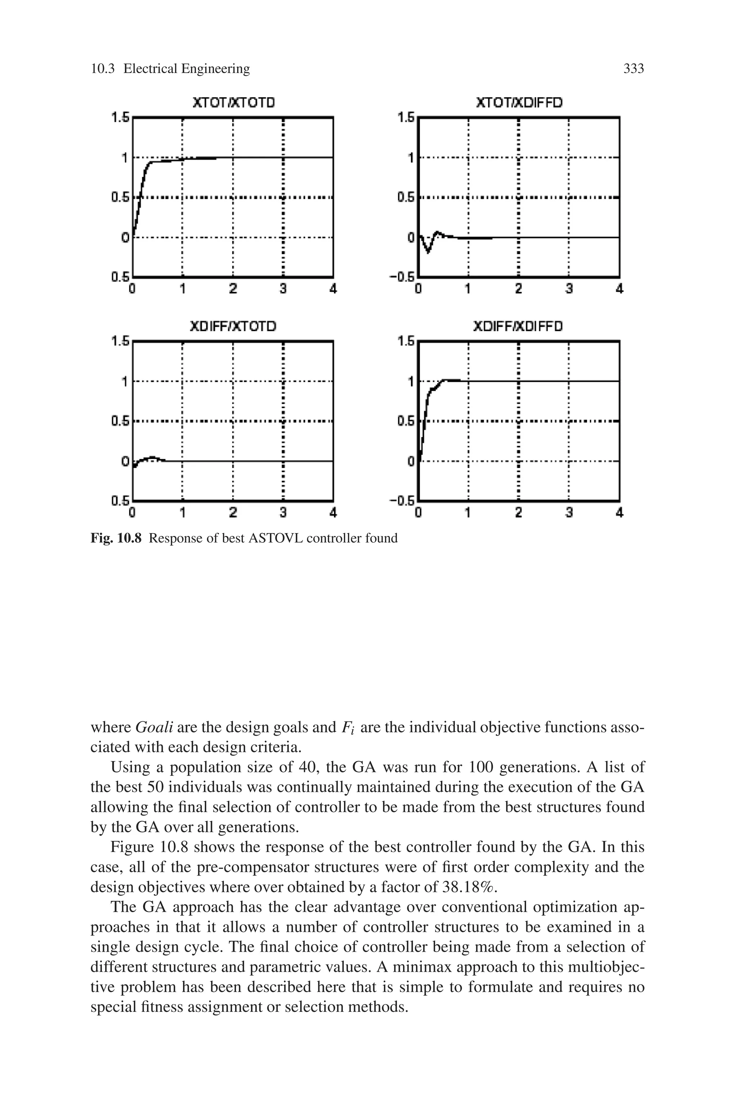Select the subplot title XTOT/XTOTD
pos(234,103)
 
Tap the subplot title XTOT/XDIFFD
pos(519,103)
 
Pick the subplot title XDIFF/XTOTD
pos(233,326)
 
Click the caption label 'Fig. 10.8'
pos(116,538)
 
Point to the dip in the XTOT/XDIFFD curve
pos(428,252)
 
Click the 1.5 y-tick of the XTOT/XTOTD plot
pos(120,117)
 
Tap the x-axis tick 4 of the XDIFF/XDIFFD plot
pos(619,513)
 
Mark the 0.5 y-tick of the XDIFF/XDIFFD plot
pos(406,421)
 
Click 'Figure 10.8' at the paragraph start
pos(149,847)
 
